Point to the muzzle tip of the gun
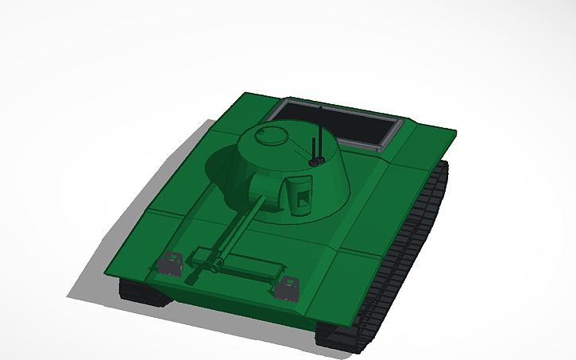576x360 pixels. coord(189,280)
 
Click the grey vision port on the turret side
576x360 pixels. coord(300,195)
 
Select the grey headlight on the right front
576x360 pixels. coord(287,287)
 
